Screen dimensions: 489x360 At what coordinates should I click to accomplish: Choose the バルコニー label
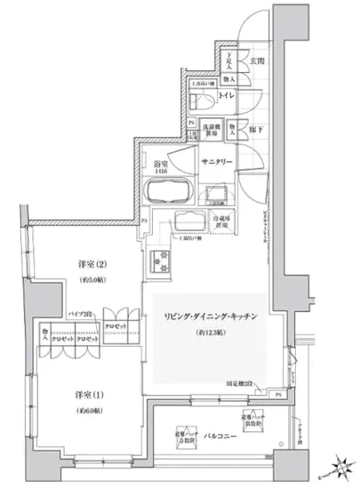point(221,437)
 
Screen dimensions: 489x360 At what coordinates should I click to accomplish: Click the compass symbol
point(339,462)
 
